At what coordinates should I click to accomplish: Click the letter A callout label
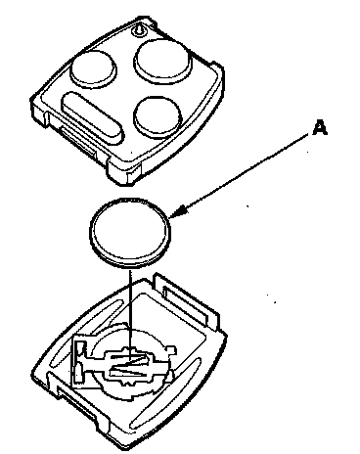[x=320, y=127]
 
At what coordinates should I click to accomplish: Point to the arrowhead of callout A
[x=179, y=211]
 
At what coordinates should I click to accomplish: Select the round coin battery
[x=130, y=233]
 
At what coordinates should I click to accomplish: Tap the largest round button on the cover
[x=162, y=60]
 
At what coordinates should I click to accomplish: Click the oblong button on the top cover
[x=93, y=117]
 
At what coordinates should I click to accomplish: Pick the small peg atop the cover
[x=138, y=29]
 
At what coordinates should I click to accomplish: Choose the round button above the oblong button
[x=94, y=68]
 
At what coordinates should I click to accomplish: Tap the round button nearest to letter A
[x=157, y=116]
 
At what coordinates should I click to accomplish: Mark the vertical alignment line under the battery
[x=130, y=313]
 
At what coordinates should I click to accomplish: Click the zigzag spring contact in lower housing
[x=130, y=365]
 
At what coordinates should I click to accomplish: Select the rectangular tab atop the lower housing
[x=187, y=301]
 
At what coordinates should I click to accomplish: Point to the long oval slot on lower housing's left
[x=85, y=333]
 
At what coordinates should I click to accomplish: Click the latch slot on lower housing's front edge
[x=75, y=402]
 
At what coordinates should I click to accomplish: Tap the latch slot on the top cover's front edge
[x=78, y=141]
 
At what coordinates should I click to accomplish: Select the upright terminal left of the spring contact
[x=79, y=362]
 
